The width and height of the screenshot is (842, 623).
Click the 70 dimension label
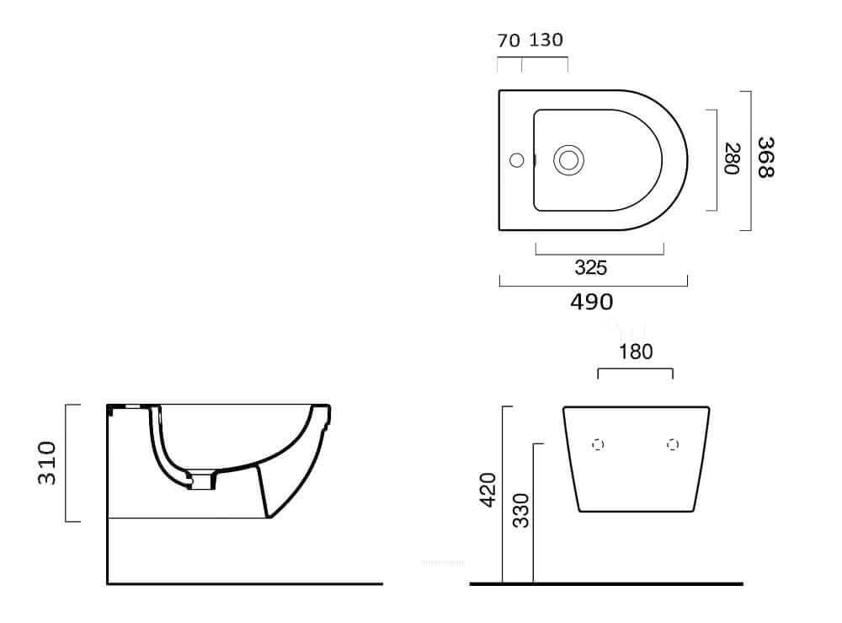coord(509,40)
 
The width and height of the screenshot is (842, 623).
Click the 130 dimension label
coord(546,40)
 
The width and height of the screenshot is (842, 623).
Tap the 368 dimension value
coord(765,158)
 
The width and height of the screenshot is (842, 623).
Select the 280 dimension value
coord(733,158)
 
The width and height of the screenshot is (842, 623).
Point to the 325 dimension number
coord(591,267)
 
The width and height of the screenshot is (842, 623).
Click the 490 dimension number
coord(592,302)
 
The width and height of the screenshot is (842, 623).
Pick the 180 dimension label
coord(636,352)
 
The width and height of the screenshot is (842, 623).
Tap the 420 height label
coord(488,490)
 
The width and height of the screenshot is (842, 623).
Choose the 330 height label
coord(521,511)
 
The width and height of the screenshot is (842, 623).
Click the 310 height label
coord(46,463)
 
